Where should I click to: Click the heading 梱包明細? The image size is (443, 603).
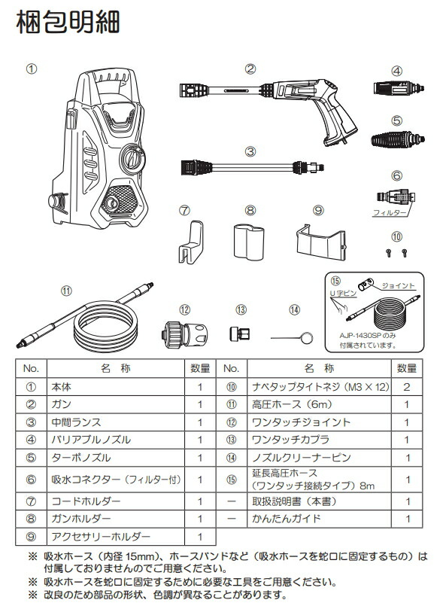68,22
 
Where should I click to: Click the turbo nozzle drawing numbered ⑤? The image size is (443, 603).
398,138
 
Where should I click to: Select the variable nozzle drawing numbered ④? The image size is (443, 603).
399,88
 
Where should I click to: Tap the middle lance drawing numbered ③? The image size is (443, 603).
252,168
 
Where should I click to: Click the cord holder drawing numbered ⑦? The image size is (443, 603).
191,242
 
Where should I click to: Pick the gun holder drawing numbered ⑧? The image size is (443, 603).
249,242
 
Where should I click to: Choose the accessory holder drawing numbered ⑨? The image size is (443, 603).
321,242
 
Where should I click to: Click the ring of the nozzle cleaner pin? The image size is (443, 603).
307,338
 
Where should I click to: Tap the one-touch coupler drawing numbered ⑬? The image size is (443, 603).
240,333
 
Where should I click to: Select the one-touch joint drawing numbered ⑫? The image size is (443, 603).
184,331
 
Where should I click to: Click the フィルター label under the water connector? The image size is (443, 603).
389,212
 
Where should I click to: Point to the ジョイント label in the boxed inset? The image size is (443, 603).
398,286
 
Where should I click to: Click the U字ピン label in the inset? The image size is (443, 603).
343,294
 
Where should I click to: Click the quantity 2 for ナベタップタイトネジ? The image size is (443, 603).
406,387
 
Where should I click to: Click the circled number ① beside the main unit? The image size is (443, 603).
32,69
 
